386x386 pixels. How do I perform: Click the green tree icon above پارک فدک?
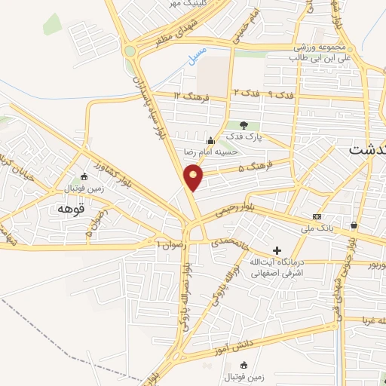point(243,125)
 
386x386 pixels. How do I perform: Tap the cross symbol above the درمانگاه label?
point(277,250)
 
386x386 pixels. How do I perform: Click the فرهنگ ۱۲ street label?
point(188,96)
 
